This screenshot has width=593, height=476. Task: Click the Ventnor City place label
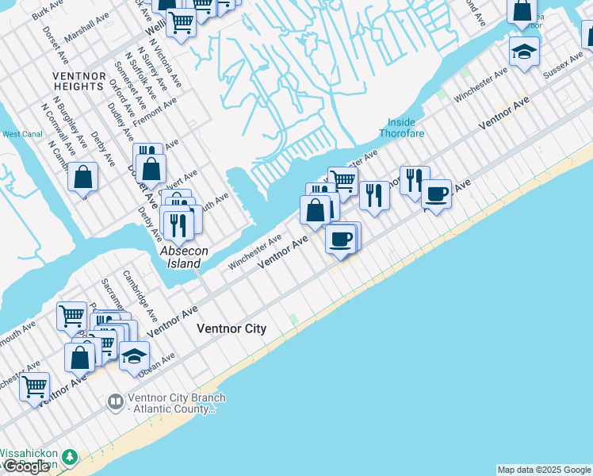click(x=231, y=328)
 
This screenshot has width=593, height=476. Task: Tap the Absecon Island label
click(x=184, y=256)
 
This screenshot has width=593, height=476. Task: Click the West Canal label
click(x=22, y=134)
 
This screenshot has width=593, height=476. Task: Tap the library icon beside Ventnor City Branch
click(x=115, y=403)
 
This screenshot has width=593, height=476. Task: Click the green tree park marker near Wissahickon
click(x=70, y=458)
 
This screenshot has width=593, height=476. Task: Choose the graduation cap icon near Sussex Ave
click(x=524, y=52)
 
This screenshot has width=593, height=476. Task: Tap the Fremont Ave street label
click(x=155, y=112)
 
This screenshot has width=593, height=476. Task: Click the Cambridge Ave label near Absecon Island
click(x=135, y=293)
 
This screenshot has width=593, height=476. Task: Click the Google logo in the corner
click(x=27, y=466)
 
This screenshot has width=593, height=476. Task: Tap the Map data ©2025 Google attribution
click(x=544, y=470)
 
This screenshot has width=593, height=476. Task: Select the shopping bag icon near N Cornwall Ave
click(x=82, y=177)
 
